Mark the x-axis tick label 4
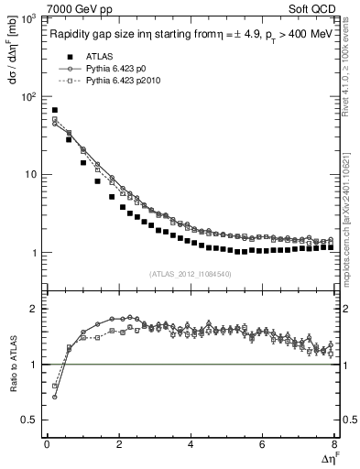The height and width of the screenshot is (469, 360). pyautogui.click(x=191, y=445)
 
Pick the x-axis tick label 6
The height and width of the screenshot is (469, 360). pyautogui.click(x=263, y=445)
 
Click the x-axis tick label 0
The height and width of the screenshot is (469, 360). pyautogui.click(x=47, y=445)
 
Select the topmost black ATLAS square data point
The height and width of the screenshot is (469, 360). pyautogui.click(x=55, y=110)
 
